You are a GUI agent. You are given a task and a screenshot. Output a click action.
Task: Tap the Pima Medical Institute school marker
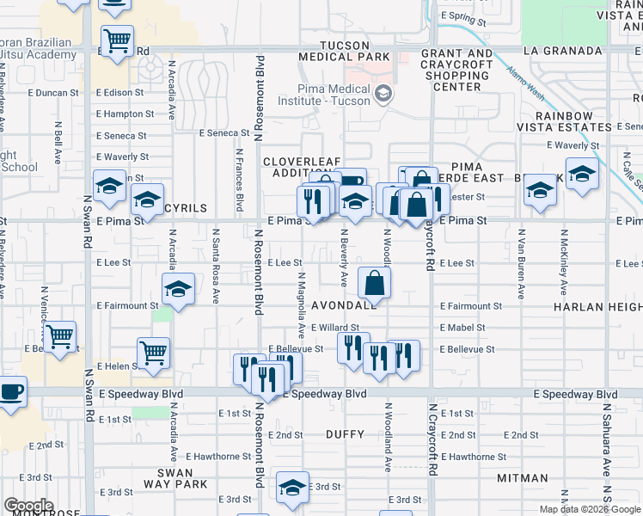[x=383, y=94]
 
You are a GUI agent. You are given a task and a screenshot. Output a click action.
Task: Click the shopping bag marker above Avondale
[x=375, y=282]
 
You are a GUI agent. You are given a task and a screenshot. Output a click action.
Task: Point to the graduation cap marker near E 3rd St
[x=292, y=487]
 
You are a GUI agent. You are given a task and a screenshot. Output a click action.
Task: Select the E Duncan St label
[x=52, y=92]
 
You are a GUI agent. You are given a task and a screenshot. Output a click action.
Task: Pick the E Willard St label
[x=334, y=328]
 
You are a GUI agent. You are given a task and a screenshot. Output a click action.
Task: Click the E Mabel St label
[x=462, y=328]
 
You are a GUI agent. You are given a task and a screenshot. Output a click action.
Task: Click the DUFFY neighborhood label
[x=346, y=434]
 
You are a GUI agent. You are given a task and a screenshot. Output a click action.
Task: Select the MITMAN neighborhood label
[x=522, y=478]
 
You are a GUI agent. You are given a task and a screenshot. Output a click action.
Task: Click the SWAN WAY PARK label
[x=181, y=479]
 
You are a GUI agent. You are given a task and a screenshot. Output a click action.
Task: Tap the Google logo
[x=28, y=506]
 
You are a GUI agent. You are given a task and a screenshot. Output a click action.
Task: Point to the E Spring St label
[x=462, y=16]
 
